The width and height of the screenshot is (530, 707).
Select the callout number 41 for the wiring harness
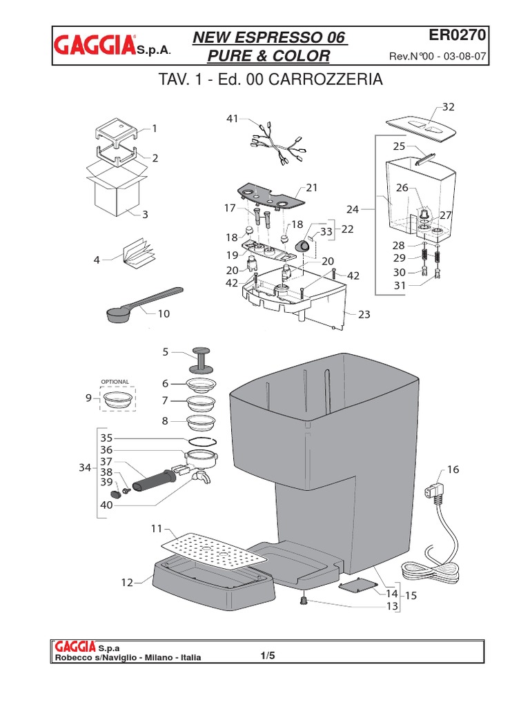pyautogui.click(x=231, y=119)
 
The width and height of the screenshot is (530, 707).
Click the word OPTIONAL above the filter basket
pyautogui.click(x=115, y=382)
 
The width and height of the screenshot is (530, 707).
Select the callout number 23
pyautogui.click(x=364, y=314)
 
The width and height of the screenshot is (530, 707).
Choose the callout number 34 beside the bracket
pyautogui.click(x=85, y=468)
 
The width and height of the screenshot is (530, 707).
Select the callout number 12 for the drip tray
pyautogui.click(x=127, y=583)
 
